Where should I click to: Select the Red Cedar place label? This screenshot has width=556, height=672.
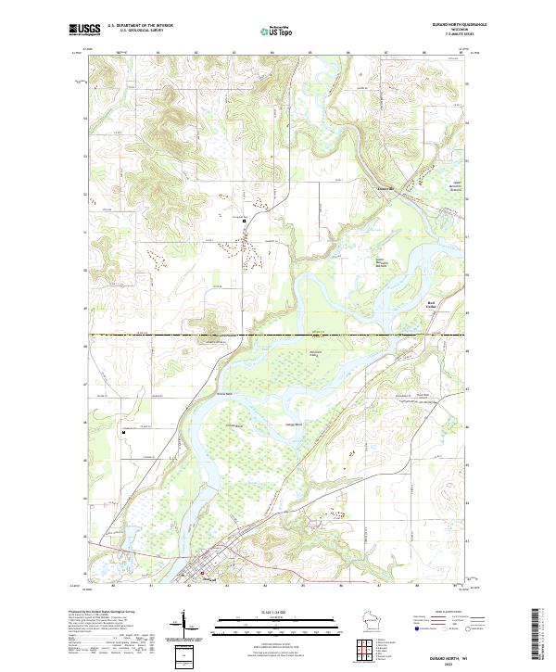431,303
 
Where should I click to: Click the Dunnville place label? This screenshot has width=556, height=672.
385,190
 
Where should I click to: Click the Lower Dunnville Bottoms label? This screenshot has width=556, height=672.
381,262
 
